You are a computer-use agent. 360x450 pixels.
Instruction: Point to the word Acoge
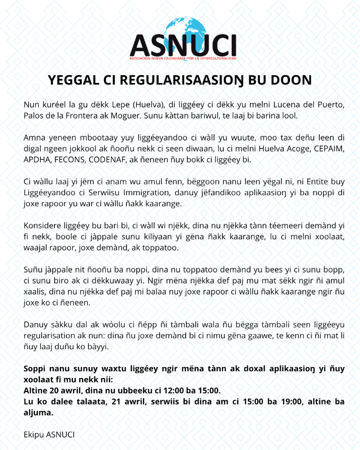(287, 149)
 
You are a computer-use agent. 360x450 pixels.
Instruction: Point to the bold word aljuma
(38, 412)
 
